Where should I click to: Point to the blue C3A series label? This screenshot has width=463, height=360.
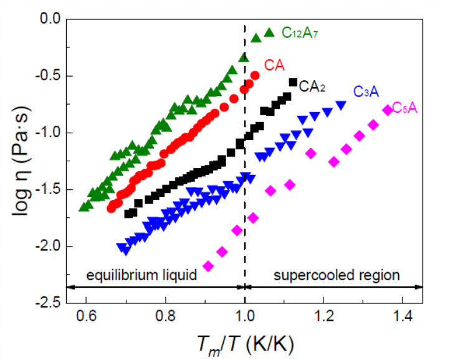366,92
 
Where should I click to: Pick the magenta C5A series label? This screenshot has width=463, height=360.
405,108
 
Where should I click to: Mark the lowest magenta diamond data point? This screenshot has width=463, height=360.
208,266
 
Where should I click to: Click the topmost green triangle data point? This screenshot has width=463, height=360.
269,32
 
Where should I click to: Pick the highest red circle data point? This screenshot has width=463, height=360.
255,75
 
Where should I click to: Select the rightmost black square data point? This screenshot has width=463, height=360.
294,82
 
